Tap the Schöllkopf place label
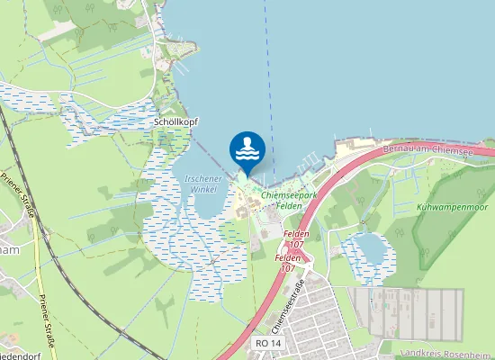176,121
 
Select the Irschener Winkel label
202,184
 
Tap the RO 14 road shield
268,344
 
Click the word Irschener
202,179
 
